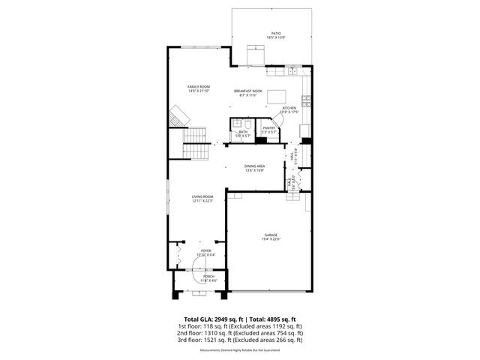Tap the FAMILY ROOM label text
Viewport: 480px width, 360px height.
point(199,87)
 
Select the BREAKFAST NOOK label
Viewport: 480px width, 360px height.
point(247,91)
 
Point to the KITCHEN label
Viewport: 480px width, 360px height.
point(289,108)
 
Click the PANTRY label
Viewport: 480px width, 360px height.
point(269,128)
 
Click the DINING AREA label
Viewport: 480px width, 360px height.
point(254,166)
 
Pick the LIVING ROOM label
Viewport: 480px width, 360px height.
point(203,196)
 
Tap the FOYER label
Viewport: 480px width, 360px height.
point(205,250)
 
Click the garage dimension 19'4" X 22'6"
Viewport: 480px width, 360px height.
point(271,239)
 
